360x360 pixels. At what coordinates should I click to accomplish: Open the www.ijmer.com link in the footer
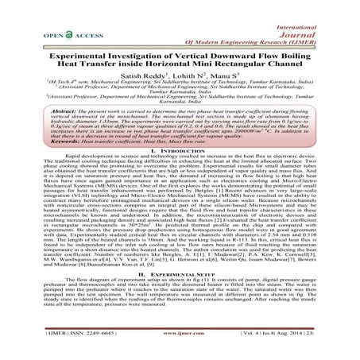[x=181, y=346]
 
